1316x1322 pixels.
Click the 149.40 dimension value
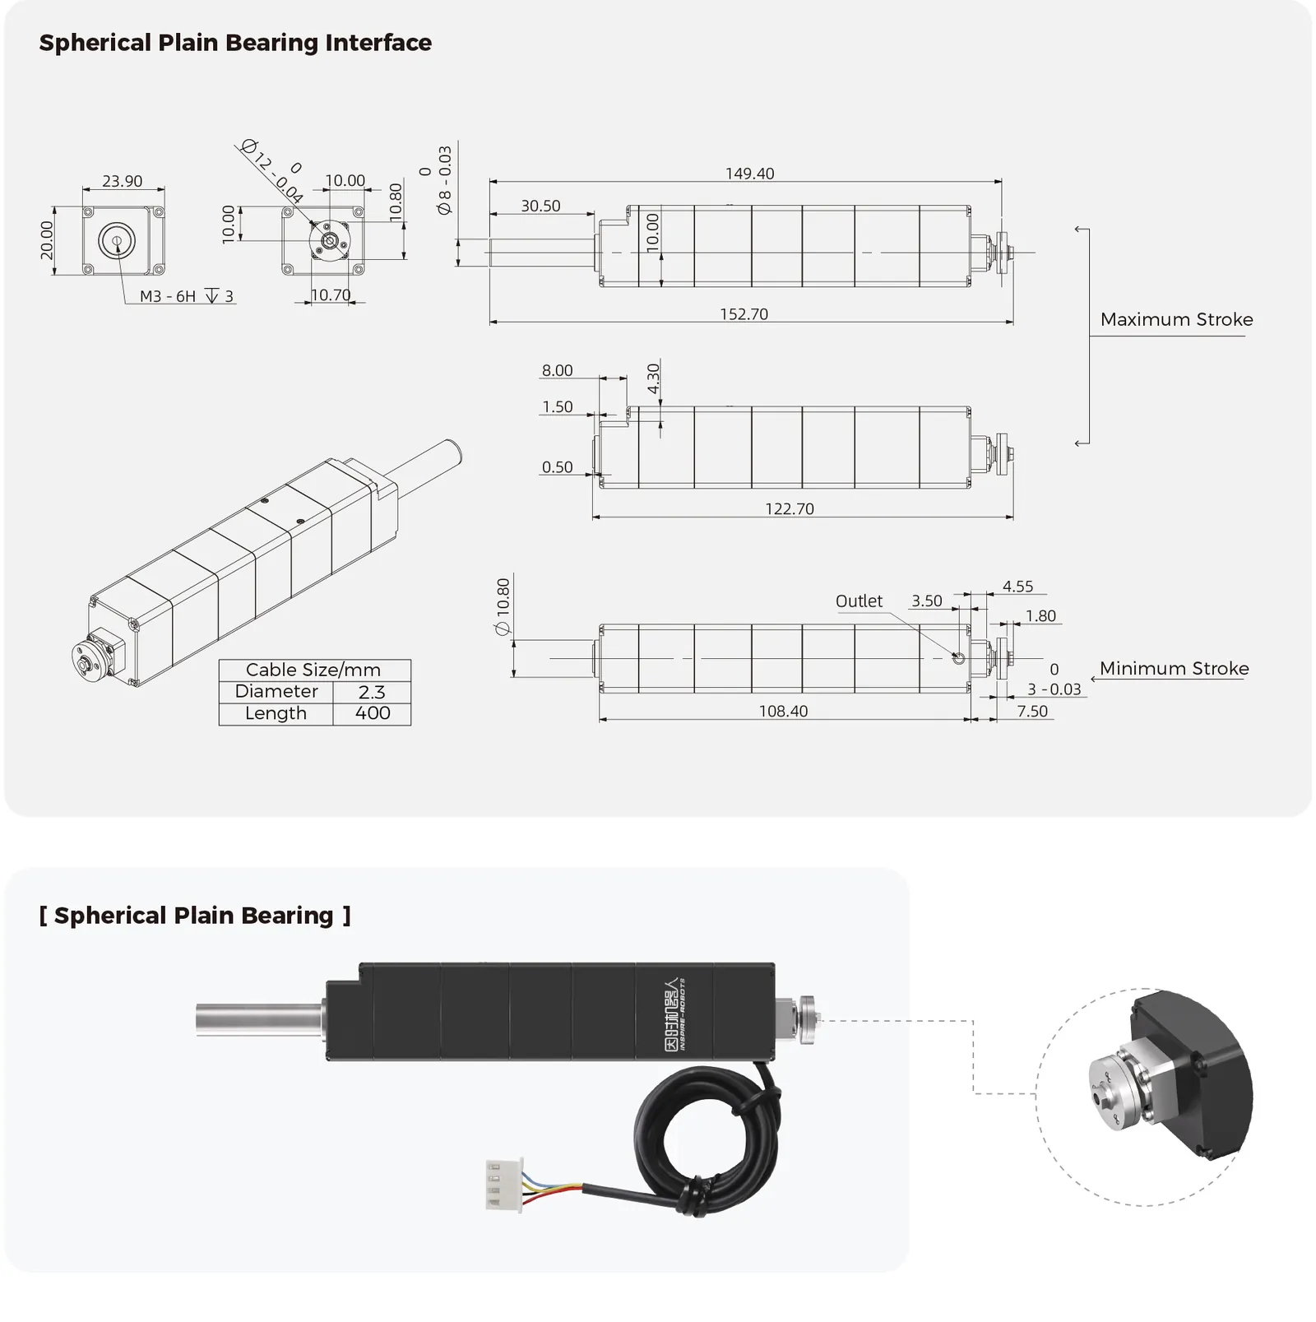point(749,174)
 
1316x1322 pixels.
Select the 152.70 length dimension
point(744,314)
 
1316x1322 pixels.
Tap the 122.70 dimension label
point(790,509)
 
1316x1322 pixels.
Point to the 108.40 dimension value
point(783,712)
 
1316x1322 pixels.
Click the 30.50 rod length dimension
point(540,206)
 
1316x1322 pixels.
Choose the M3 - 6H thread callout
point(168,296)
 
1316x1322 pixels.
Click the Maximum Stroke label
point(1177,319)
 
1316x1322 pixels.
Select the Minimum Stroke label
point(1175,669)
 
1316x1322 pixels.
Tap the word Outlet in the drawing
point(859,601)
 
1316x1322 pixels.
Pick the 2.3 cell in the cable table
point(372,692)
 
